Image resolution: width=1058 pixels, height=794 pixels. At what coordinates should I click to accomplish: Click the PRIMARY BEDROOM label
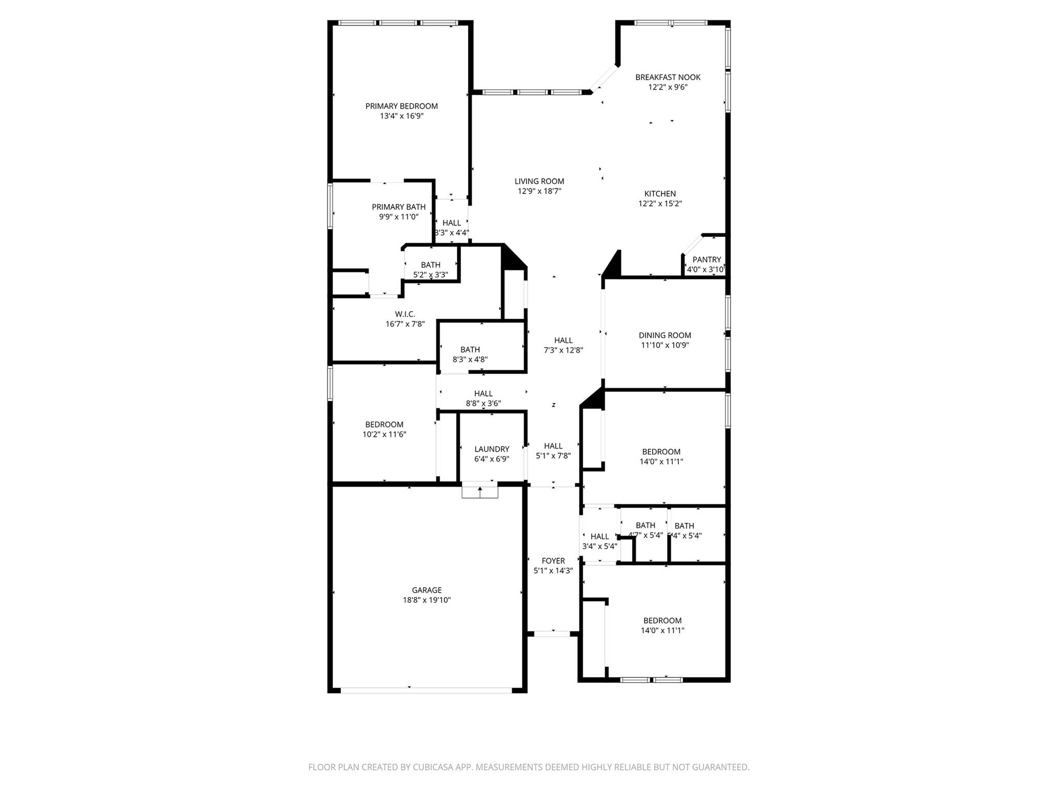pos(401,106)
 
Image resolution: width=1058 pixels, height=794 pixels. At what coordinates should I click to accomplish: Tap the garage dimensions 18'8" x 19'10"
pos(427,600)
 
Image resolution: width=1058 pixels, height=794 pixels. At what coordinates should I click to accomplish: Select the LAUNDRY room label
pos(492,449)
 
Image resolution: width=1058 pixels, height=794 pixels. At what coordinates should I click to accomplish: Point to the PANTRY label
pos(706,259)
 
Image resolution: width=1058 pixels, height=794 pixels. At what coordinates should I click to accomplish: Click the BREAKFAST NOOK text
pos(667,77)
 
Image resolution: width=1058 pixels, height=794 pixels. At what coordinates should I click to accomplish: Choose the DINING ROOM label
pos(664,335)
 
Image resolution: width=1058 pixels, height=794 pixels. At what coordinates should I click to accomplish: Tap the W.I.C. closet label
pos(405,314)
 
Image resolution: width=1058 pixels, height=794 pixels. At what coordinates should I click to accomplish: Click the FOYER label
pos(553,561)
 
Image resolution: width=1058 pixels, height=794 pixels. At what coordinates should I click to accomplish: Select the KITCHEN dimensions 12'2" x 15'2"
pos(660,204)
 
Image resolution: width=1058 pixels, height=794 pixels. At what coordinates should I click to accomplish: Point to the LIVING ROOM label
pos(539,181)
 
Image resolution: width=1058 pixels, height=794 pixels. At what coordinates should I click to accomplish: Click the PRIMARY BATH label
pos(398,207)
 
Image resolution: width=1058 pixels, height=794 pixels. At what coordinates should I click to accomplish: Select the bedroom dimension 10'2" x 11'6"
pos(384,434)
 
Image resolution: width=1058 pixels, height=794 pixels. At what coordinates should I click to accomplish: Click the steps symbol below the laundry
pos(480,491)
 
